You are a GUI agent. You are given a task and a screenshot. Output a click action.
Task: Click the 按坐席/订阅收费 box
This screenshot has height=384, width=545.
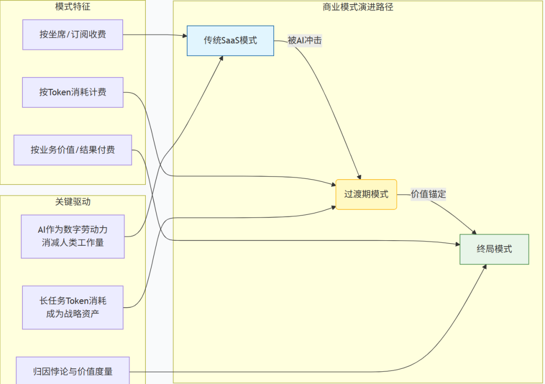(x=73, y=35)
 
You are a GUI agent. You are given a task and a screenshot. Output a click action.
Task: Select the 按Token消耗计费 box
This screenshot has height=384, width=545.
(x=73, y=92)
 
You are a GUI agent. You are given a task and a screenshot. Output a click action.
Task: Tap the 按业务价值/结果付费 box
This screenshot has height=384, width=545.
(x=73, y=150)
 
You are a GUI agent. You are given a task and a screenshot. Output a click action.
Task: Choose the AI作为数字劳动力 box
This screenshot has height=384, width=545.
(x=73, y=236)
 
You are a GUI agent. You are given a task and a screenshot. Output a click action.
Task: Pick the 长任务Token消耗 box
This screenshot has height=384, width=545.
(x=73, y=307)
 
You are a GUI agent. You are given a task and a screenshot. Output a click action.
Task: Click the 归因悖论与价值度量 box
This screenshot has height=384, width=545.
(x=73, y=371)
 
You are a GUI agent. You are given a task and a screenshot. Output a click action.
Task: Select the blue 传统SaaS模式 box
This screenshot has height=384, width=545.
(x=230, y=40)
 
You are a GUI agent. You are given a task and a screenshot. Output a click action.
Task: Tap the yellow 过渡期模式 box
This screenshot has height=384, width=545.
(x=366, y=194)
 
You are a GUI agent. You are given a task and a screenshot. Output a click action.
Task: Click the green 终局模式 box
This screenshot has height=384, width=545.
(x=494, y=249)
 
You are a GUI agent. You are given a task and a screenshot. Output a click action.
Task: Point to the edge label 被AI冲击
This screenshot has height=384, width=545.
(x=304, y=41)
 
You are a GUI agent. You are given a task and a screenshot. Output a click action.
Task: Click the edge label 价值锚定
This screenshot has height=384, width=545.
(x=428, y=194)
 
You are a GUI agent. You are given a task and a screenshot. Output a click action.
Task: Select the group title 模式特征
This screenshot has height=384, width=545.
(x=73, y=7)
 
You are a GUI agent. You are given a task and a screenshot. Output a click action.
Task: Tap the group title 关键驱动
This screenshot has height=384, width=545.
(x=73, y=202)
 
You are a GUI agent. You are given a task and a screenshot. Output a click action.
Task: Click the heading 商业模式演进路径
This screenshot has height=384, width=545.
(x=358, y=7)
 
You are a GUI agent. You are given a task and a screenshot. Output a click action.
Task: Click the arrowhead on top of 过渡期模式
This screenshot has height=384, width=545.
(x=359, y=177)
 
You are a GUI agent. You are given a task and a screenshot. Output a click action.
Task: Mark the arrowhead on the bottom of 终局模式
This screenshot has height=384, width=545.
(x=485, y=266)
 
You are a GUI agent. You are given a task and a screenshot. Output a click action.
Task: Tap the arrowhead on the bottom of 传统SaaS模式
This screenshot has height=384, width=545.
(x=222, y=58)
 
